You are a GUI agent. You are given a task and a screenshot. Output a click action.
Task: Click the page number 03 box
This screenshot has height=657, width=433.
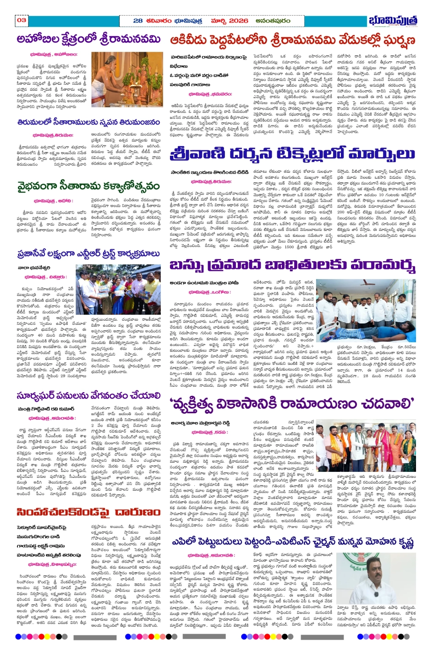[x=22, y=20]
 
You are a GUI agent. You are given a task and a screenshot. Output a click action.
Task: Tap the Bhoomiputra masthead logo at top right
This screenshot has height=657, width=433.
[x=393, y=21]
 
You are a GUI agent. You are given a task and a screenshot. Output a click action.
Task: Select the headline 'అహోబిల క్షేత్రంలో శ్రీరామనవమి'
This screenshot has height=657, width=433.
[x=89, y=40]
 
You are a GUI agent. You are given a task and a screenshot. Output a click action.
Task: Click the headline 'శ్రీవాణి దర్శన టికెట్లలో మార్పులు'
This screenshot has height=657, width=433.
[x=292, y=153]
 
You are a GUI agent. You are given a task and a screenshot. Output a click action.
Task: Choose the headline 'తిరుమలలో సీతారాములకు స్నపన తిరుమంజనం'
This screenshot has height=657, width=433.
[x=88, y=122]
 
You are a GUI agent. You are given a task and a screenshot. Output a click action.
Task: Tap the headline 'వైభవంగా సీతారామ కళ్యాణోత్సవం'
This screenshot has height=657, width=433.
[x=88, y=186]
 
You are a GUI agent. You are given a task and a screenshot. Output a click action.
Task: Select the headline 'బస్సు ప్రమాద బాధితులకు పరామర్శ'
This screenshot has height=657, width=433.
[x=292, y=265]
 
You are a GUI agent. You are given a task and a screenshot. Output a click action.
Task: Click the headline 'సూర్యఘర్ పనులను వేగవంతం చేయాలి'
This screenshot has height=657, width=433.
[x=89, y=395]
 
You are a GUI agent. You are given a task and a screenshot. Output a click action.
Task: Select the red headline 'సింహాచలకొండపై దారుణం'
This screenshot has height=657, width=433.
[x=88, y=512]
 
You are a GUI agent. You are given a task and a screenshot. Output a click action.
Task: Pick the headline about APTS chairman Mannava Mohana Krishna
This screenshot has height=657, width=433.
[x=292, y=542]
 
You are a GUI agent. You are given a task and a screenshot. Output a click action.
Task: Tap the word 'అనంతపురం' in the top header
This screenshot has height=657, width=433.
[x=273, y=21]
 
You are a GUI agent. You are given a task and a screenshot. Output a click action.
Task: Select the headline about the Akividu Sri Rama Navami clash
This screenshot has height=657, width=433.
[x=292, y=40]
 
